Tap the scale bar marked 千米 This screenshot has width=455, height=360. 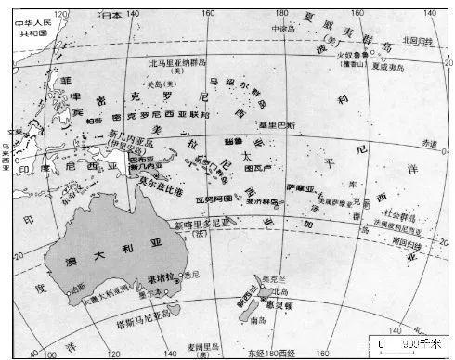pos(402,342)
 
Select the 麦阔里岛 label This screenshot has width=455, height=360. pos(197,348)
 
